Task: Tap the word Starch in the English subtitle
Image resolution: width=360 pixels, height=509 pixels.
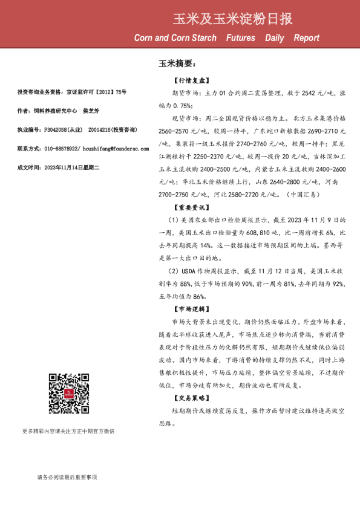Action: coord(200,38)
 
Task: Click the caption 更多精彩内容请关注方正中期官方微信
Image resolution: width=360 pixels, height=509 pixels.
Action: coord(68,432)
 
